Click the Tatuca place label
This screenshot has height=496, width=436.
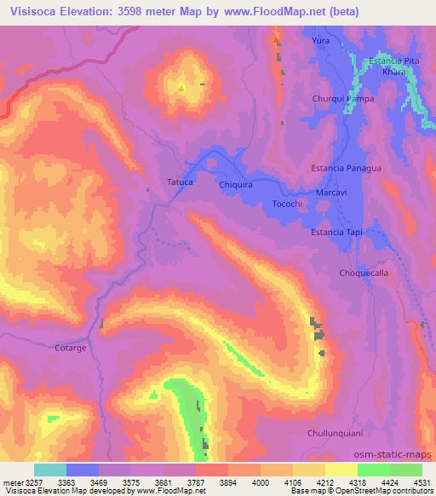pyautogui.click(x=180, y=182)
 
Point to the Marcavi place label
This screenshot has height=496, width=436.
pyautogui.click(x=331, y=193)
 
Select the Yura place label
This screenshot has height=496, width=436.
pyautogui.click(x=320, y=40)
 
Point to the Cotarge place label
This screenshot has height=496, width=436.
pyautogui.click(x=72, y=348)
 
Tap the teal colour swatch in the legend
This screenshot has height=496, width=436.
pyautogui.click(x=50, y=470)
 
